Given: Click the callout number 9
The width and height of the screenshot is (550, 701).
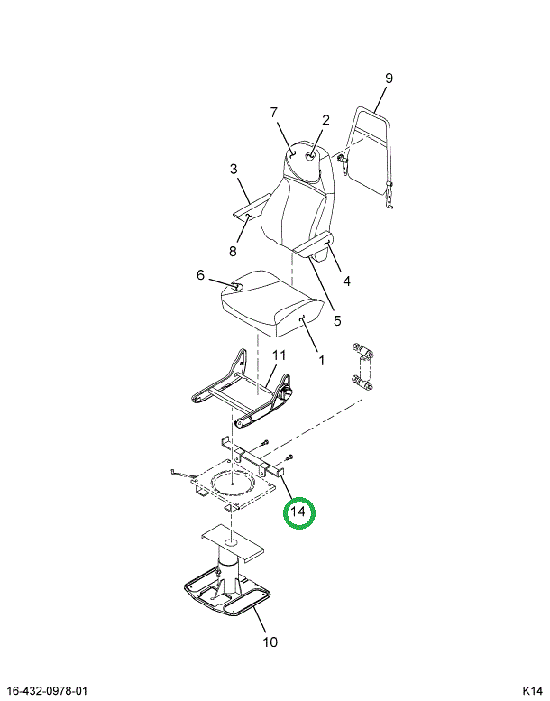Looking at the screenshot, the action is point(389,78).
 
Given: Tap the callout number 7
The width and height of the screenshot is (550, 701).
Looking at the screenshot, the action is point(274,113).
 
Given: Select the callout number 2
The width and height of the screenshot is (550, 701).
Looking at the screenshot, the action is point(325,120).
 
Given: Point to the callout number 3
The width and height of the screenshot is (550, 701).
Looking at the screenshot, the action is point(234,169).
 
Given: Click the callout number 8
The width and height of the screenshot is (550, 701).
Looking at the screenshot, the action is point(233,251).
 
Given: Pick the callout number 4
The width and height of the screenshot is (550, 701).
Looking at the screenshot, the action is point(347,281).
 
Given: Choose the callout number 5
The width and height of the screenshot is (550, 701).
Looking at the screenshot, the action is point(337,320).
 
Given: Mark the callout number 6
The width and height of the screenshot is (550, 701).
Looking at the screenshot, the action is point(200,275).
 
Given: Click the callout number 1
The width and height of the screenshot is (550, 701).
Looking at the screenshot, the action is point(322,360).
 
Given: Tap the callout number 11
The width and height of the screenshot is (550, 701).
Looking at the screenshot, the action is point(280,355).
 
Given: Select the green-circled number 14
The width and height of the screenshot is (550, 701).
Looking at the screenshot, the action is point(298,512).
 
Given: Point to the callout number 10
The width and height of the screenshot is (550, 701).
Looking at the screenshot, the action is point(270,642).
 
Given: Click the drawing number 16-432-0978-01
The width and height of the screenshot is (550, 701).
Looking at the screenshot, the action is point(47,691).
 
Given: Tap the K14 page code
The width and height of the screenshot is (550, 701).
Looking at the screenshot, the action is point(533,691).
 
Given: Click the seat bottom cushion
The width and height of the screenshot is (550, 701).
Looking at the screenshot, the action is point(272,302).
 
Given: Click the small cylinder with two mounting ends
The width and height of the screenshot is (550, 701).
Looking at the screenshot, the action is point(362,366).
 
